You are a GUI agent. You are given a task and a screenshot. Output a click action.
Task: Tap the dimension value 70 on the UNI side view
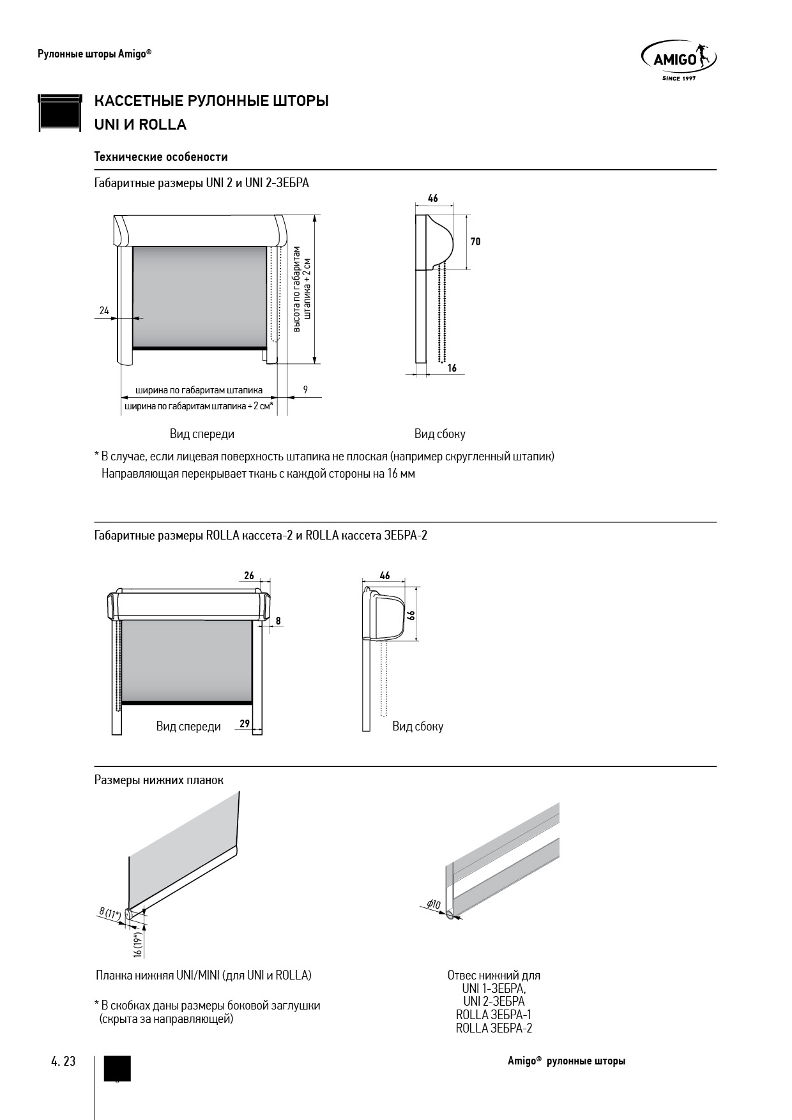(475, 241)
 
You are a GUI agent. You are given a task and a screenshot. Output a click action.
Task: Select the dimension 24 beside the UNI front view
(104, 311)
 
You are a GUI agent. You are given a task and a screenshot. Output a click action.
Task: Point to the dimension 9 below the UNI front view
(305, 389)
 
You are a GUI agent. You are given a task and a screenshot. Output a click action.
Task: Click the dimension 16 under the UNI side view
(452, 368)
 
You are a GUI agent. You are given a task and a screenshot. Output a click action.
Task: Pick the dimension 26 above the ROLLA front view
(249, 575)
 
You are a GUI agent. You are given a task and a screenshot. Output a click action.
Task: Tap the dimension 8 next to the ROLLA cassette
(278, 620)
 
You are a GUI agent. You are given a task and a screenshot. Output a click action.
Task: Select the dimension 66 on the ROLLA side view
(412, 615)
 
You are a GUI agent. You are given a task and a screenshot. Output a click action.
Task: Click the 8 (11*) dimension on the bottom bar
(110, 914)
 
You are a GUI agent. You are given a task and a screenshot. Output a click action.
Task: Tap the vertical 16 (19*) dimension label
(137, 944)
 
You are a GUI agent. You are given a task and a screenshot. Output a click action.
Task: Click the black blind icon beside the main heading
(60, 112)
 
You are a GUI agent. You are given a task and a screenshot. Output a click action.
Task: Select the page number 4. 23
(63, 1061)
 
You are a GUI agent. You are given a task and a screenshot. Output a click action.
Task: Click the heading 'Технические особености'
(161, 156)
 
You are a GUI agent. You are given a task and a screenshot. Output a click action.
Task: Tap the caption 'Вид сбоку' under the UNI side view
(439, 434)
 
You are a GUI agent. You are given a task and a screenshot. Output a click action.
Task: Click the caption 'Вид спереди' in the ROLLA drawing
(188, 726)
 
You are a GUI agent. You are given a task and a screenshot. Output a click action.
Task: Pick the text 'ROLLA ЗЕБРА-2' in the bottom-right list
(494, 1028)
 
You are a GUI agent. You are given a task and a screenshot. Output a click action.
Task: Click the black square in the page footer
(117, 1068)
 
